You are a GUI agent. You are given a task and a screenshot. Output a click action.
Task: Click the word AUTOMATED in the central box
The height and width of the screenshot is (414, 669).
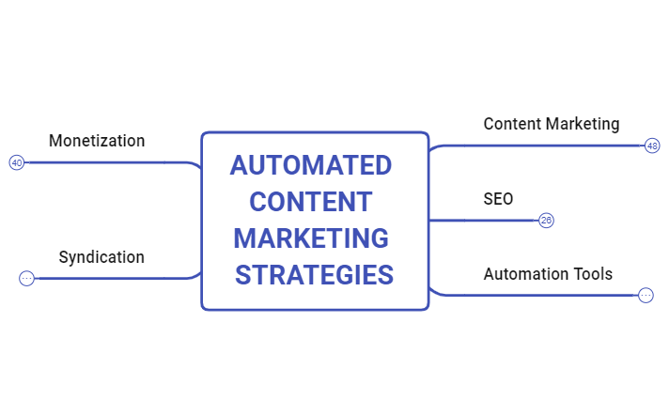click(x=310, y=165)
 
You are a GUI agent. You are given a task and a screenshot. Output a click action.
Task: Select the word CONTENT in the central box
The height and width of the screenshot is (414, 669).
click(x=311, y=202)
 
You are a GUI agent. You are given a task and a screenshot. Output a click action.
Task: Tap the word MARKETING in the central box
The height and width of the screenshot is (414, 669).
click(x=311, y=238)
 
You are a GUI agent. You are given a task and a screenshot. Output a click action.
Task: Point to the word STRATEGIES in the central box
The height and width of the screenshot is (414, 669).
click(x=314, y=275)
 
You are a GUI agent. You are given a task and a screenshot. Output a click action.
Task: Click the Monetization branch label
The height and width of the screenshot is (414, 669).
click(x=97, y=141)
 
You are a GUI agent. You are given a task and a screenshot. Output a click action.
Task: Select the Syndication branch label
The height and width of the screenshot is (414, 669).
click(x=101, y=256)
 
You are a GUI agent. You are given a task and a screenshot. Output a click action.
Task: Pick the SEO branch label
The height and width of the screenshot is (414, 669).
click(x=498, y=198)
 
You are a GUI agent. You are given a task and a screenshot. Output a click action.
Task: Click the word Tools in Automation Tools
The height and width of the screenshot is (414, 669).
click(x=592, y=274)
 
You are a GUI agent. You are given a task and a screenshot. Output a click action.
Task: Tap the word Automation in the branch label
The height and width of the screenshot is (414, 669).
click(x=525, y=274)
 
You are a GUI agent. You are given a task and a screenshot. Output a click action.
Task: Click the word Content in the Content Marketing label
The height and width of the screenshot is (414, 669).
click(x=513, y=123)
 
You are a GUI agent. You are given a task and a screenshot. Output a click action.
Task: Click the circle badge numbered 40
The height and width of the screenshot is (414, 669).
click(x=17, y=162)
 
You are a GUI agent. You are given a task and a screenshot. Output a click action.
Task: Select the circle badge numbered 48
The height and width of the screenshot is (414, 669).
click(x=652, y=146)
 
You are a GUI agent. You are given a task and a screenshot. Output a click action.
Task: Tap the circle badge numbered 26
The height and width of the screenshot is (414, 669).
click(x=546, y=221)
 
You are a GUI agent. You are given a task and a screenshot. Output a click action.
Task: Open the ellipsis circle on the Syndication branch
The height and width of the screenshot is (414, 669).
click(x=26, y=278)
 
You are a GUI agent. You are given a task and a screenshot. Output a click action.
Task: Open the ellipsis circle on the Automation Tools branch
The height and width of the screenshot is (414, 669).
click(x=646, y=295)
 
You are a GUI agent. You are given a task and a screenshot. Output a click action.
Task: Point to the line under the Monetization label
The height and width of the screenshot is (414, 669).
click(x=103, y=162)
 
